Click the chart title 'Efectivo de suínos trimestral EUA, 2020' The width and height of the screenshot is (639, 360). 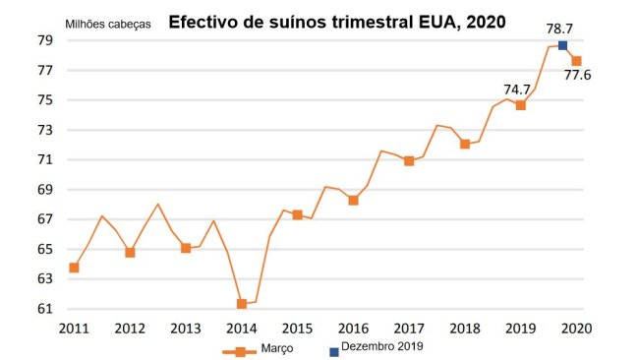pos(337,21)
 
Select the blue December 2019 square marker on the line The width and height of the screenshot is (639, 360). pos(562,46)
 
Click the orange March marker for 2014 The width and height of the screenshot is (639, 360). pos(241,304)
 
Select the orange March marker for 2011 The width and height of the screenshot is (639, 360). pos(74,268)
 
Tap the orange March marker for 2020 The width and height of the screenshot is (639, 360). pos(576,61)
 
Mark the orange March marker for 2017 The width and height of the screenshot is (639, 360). pos(409,161)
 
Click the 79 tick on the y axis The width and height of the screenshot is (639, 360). pos(45,40)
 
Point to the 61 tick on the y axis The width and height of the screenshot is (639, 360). pos(45,309)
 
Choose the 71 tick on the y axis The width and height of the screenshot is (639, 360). pos(45,159)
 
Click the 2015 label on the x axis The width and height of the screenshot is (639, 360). pos(296,329)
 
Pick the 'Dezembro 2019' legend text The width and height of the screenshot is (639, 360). pos(384,348)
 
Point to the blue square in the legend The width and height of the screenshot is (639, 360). pos(334,350)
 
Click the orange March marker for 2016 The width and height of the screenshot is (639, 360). pos(353,200)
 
